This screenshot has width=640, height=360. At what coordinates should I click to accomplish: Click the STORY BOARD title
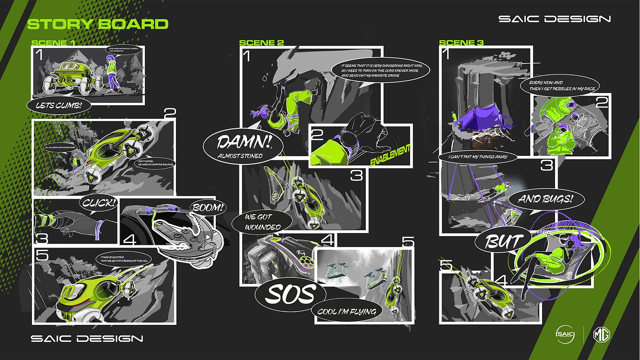(98, 24)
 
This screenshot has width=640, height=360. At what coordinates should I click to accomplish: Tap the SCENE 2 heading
(261, 43)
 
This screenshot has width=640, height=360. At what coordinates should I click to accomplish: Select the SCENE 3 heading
(461, 43)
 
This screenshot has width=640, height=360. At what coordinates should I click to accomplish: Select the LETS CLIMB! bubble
(59, 106)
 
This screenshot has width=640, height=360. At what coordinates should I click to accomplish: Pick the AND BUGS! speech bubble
(545, 199)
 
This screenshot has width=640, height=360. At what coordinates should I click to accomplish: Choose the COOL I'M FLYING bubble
(346, 312)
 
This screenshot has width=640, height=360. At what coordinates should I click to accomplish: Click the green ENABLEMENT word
(390, 156)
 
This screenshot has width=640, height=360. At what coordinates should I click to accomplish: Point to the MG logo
(602, 334)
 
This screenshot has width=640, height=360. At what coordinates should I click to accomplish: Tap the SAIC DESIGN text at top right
(555, 19)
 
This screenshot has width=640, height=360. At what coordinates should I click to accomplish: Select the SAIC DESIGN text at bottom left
(87, 339)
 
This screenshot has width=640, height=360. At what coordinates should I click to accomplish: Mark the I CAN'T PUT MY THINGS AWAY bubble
(479, 157)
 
